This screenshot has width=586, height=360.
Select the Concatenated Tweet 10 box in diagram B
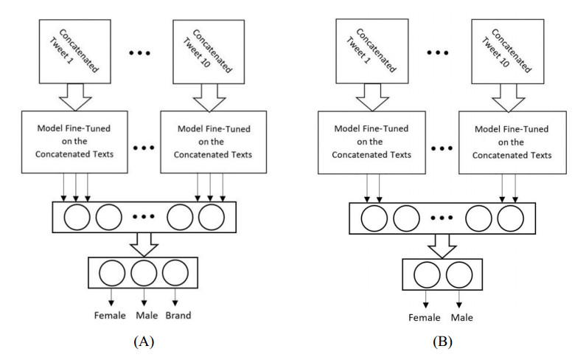500,44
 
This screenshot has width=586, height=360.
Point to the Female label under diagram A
110,316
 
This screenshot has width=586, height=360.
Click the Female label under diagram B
425,318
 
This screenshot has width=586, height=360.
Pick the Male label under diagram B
461,318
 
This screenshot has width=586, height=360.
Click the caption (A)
142,342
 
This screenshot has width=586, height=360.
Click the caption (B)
442,342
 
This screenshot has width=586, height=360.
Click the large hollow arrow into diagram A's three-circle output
143,241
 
